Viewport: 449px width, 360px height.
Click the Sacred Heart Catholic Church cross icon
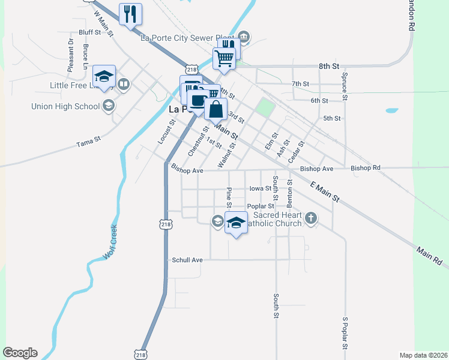click(310, 218)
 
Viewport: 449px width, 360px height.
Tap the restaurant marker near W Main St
click(130, 13)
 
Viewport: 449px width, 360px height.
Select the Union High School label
click(65, 106)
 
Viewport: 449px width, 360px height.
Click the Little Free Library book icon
click(124, 84)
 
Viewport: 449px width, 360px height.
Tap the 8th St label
click(329, 65)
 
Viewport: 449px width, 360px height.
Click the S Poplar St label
click(345, 334)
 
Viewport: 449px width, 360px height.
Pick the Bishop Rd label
click(366, 168)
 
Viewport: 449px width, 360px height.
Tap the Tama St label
click(88, 143)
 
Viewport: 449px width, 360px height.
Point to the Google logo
click(20, 353)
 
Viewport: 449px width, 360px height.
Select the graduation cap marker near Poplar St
click(236, 223)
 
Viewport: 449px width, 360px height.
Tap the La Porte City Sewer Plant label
click(187, 37)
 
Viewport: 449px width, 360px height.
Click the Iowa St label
click(260, 188)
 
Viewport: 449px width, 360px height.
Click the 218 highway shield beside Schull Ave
click(166, 224)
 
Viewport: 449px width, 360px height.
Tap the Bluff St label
click(90, 32)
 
